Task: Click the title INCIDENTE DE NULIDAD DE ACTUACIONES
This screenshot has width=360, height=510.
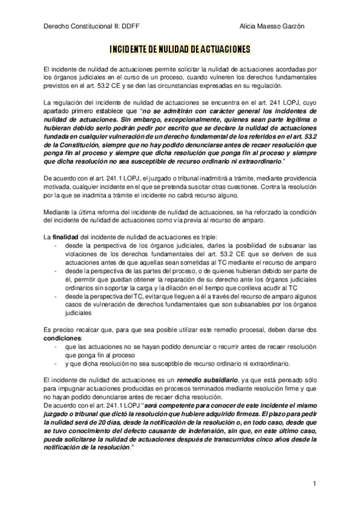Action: click(x=180, y=48)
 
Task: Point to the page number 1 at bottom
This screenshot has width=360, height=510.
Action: click(x=314, y=483)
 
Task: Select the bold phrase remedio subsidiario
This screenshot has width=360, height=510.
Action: click(x=207, y=379)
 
